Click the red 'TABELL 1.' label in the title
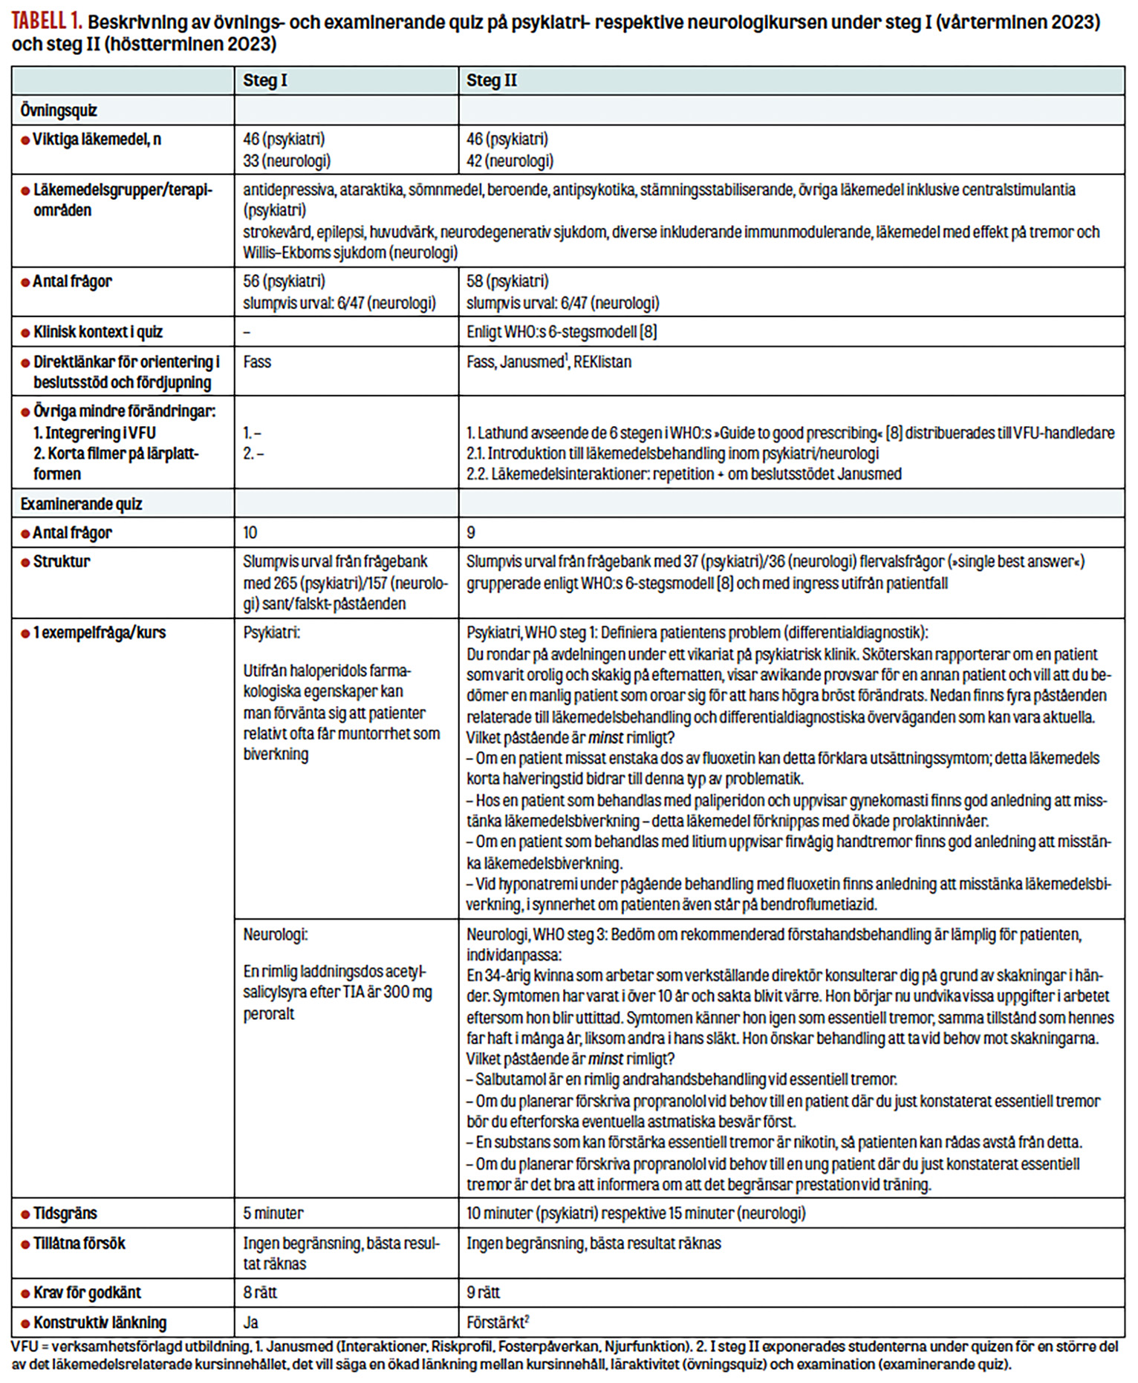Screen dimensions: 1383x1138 46,22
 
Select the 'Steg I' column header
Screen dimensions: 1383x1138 264,81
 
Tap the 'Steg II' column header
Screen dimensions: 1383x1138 491,81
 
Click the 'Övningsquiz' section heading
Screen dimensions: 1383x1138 59,111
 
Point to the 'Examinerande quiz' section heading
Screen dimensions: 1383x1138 81,504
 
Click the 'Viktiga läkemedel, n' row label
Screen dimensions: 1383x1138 97,139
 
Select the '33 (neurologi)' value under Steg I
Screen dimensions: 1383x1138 286,160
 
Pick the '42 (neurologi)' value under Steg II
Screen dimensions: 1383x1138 510,160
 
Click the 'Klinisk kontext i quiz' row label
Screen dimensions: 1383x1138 97,332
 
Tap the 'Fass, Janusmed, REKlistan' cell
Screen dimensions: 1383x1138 548,362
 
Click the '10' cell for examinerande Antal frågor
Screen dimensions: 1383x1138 250,532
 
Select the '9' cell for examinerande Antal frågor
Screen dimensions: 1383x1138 471,532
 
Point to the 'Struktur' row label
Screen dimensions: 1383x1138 61,561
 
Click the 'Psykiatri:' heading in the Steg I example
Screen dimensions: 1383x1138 271,633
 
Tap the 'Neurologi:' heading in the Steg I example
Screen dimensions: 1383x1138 275,935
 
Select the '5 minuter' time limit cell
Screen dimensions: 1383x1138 273,1213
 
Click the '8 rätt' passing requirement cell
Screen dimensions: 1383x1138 260,1292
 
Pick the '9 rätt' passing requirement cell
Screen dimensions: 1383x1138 483,1292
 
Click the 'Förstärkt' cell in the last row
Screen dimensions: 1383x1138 496,1322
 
